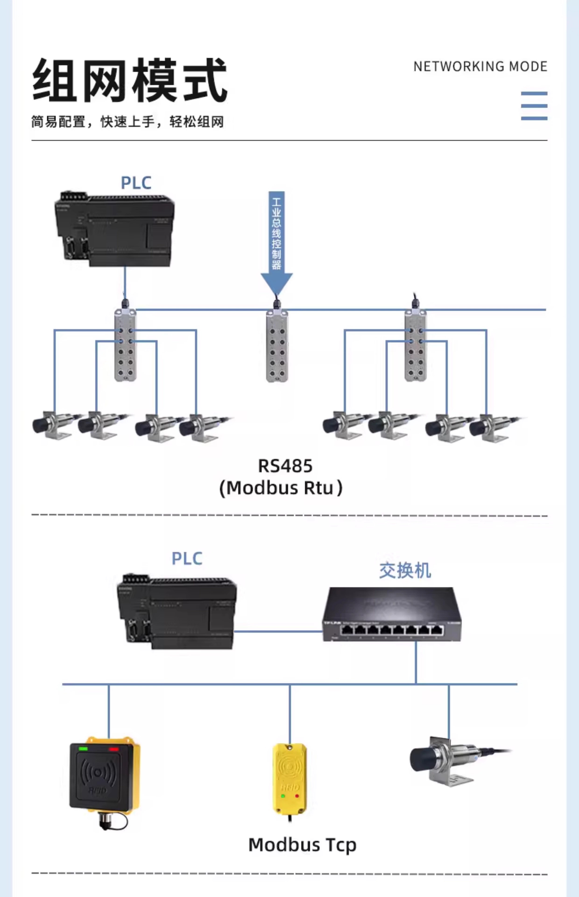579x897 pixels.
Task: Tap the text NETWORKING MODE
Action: click(480, 67)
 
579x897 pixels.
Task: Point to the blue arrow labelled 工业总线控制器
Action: click(277, 241)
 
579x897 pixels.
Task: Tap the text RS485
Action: click(285, 466)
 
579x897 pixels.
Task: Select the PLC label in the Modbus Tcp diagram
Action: click(187, 559)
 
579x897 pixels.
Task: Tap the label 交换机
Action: click(405, 570)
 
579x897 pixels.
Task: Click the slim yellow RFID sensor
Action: click(289, 779)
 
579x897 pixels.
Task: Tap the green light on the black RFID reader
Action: click(83, 749)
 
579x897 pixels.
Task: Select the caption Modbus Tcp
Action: click(302, 845)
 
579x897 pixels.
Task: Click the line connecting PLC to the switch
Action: click(278, 631)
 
